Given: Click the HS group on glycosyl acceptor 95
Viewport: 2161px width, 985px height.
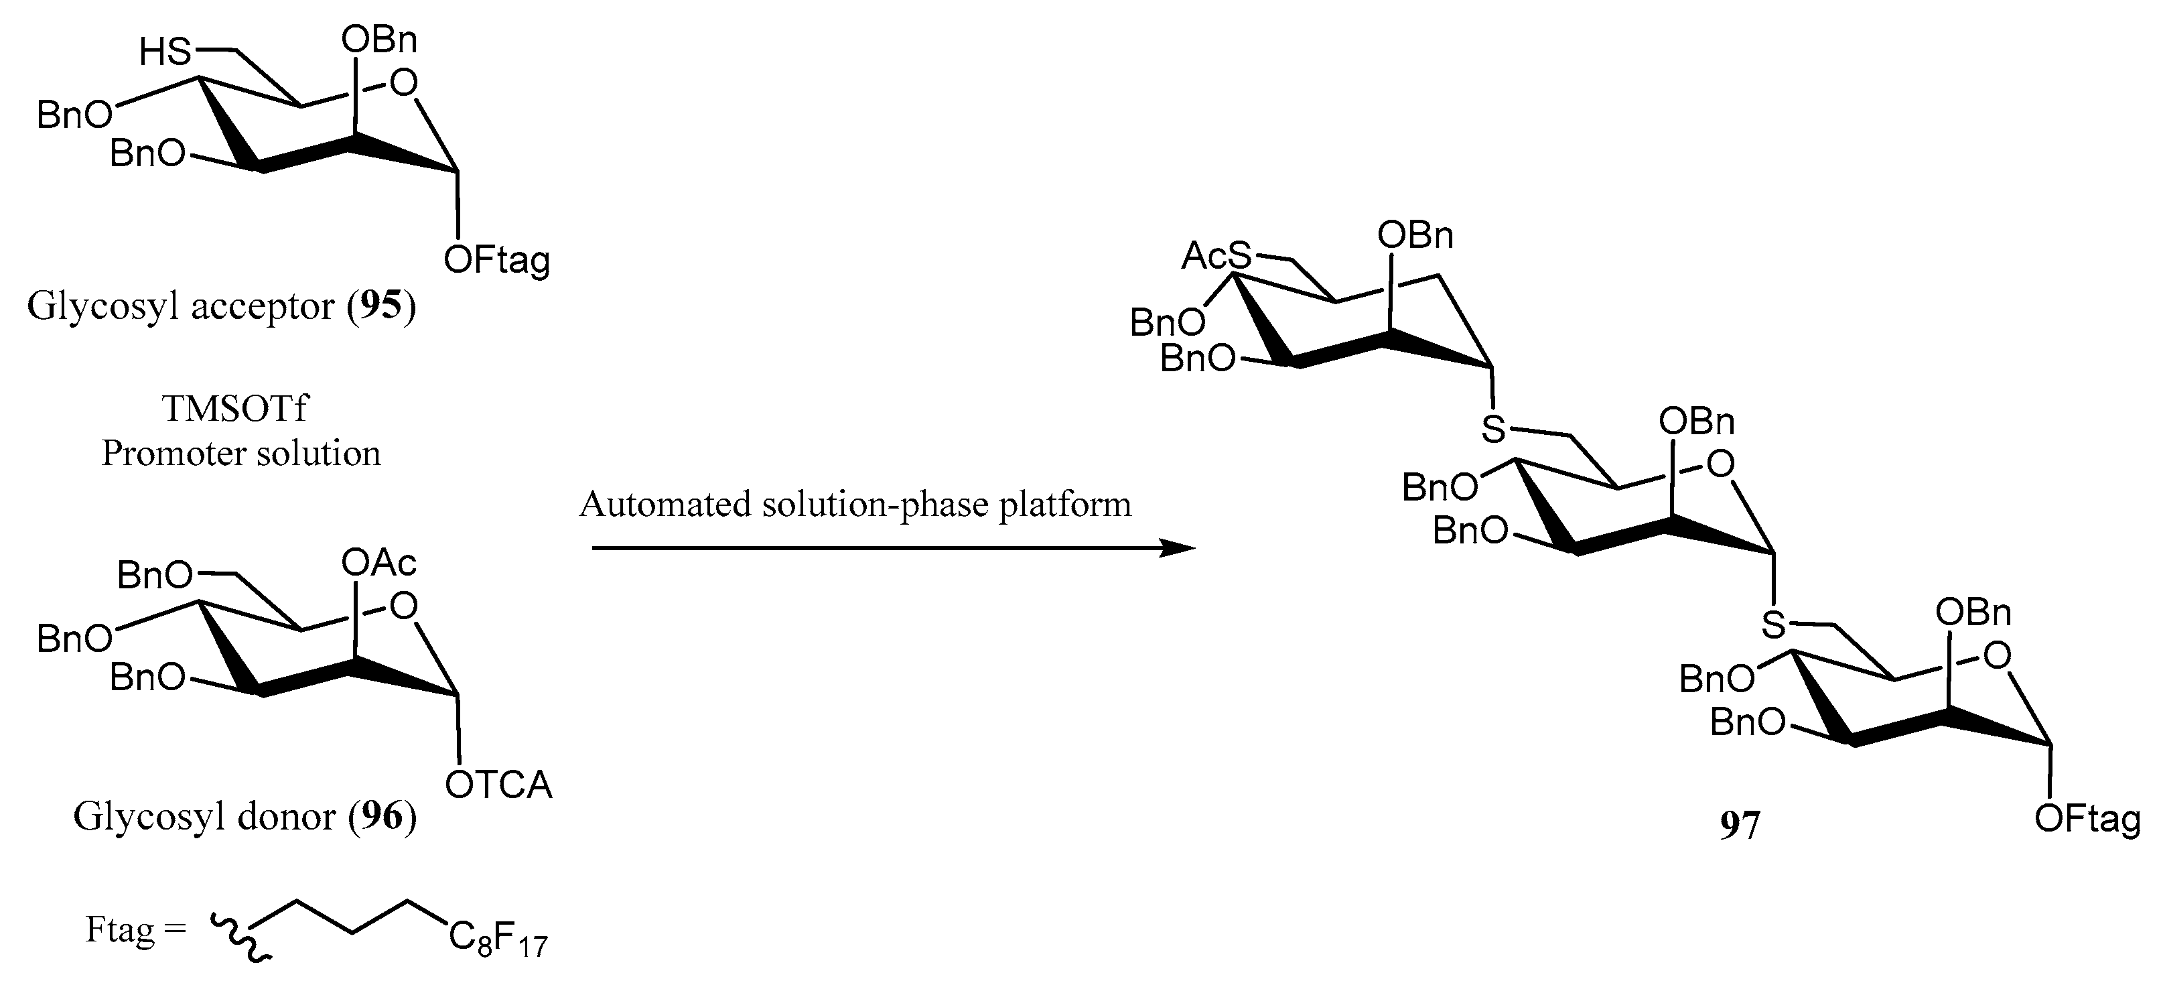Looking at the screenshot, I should [166, 52].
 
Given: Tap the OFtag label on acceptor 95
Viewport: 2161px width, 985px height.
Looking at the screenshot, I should [496, 261].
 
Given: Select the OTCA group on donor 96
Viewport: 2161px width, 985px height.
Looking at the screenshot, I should [498, 785].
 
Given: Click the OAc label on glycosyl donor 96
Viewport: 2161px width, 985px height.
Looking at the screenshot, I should [379, 563].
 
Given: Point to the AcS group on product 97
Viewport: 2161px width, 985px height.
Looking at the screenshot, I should [1216, 255].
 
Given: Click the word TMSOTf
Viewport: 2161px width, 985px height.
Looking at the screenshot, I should [235, 409].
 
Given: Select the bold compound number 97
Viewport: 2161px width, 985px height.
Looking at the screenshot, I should [1739, 826].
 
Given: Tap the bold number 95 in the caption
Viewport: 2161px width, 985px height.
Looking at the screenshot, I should [382, 306].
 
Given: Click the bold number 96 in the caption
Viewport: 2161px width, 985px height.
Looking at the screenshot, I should [382, 815].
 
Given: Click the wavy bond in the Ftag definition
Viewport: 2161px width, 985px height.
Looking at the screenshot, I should [238, 934].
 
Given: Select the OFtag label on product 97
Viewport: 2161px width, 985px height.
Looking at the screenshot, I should [2087, 819].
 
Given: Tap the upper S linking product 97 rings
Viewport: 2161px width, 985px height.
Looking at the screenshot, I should [1493, 430].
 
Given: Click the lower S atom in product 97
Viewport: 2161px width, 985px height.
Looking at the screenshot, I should [1772, 623].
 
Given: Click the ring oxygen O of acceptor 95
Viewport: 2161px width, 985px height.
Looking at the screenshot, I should [405, 82].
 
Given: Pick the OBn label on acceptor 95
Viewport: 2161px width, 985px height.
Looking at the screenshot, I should [379, 40].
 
